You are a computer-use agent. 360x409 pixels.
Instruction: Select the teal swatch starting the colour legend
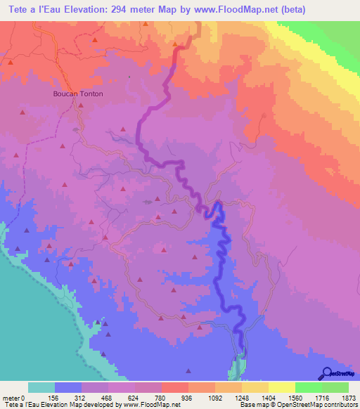point(41,388)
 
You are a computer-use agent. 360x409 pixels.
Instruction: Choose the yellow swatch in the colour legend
point(281,388)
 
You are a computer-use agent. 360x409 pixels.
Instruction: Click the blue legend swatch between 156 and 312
point(68,388)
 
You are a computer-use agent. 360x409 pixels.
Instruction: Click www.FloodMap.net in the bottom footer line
point(150,405)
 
